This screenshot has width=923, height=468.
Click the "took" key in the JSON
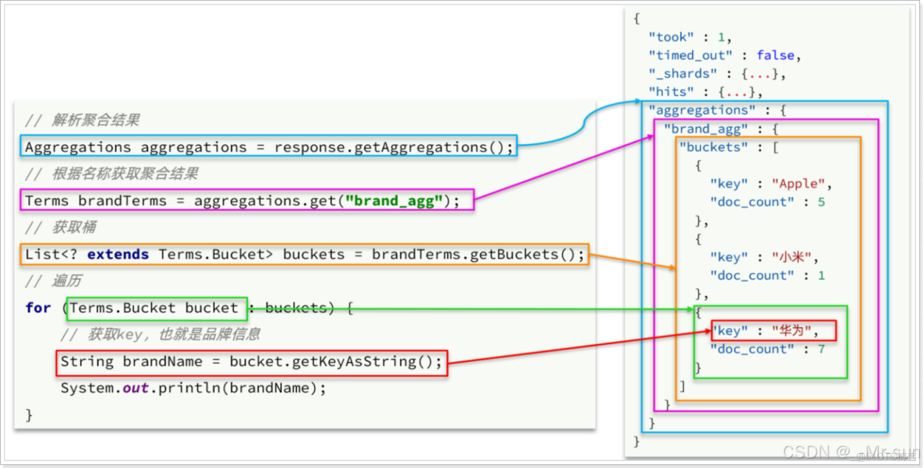[670, 37]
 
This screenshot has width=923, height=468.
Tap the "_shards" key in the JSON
[682, 73]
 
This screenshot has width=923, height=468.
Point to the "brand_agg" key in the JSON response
[704, 128]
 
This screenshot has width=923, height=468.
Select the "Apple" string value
[800, 184]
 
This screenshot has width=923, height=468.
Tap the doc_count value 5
[822, 202]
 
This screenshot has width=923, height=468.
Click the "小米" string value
[794, 257]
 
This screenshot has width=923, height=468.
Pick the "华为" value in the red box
[794, 331]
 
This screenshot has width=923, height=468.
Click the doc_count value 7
[822, 349]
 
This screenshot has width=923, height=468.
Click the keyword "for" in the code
[37, 308]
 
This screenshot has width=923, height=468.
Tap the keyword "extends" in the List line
[118, 255]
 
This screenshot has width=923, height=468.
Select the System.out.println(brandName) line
[193, 388]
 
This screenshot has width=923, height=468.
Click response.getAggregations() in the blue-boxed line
[394, 147]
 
